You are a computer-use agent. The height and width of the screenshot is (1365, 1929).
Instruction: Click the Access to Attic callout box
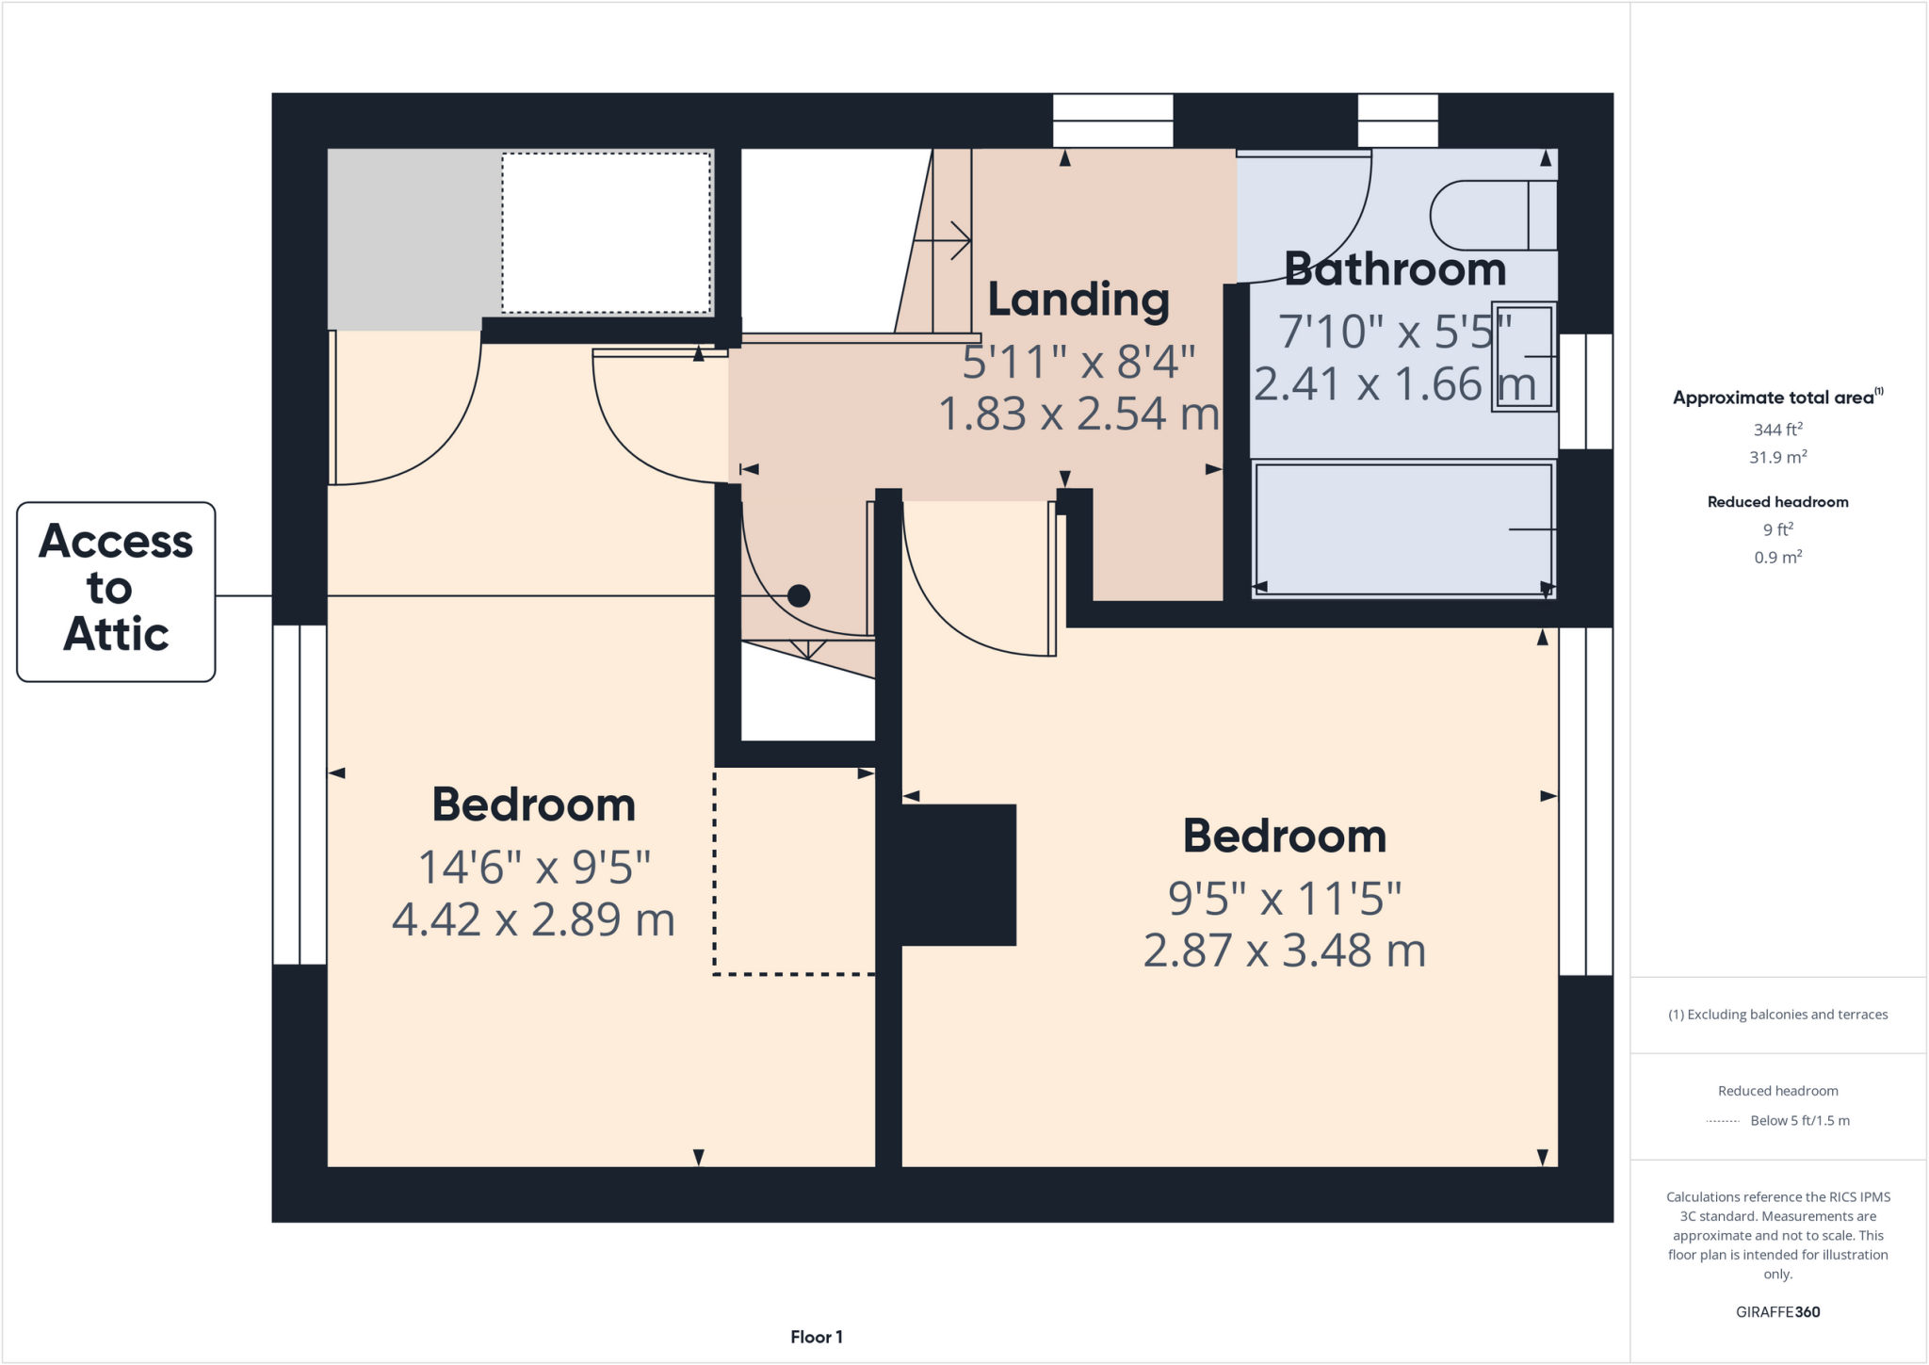116,592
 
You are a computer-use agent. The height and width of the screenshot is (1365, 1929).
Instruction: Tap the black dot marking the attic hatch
799,595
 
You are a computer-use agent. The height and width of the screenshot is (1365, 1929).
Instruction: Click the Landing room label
1078,300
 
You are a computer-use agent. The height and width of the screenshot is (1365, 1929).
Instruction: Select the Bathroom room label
1394,269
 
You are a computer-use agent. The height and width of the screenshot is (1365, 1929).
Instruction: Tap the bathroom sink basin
1522,357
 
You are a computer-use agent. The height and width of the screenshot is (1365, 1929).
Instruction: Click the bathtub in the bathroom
1402,528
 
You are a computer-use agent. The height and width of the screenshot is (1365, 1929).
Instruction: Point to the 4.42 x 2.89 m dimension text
533,919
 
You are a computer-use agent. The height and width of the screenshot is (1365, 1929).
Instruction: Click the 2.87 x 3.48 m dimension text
1284,951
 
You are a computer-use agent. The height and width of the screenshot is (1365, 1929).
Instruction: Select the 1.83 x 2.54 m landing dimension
1078,414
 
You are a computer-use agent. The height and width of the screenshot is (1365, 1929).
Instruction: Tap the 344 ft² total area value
1777,430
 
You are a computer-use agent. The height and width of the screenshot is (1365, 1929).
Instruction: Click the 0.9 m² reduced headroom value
1777,557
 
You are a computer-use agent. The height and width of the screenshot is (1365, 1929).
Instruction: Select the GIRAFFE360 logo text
1777,1311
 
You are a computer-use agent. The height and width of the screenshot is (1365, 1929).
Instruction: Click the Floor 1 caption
817,1337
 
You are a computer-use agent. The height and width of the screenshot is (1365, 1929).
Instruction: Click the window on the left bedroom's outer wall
300,794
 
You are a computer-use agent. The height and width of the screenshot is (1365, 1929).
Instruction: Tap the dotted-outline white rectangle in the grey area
606,233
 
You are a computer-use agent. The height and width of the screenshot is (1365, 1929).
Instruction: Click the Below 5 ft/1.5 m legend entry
1799,1120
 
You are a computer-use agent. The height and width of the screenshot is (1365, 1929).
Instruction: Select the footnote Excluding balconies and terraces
1777,1015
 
